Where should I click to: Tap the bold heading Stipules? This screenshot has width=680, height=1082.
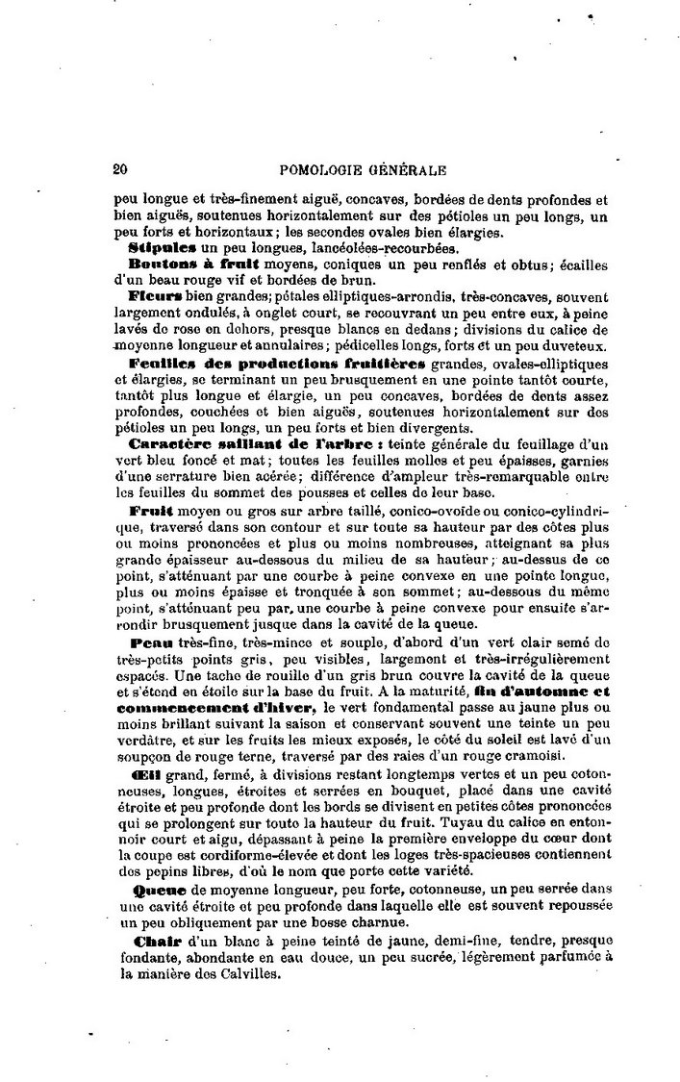point(157,247)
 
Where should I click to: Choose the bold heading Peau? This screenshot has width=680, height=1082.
point(148,642)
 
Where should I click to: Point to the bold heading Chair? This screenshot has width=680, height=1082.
point(152,940)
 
